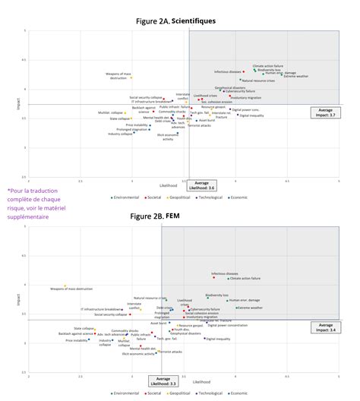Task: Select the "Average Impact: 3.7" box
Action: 324,113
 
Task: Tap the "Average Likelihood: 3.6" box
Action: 201,185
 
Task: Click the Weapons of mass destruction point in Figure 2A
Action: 131,77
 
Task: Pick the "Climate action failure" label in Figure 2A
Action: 268,65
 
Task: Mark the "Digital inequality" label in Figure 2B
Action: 219,339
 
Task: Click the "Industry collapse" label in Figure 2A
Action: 119,134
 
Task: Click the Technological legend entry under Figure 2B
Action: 210,393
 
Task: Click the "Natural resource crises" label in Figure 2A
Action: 258,81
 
